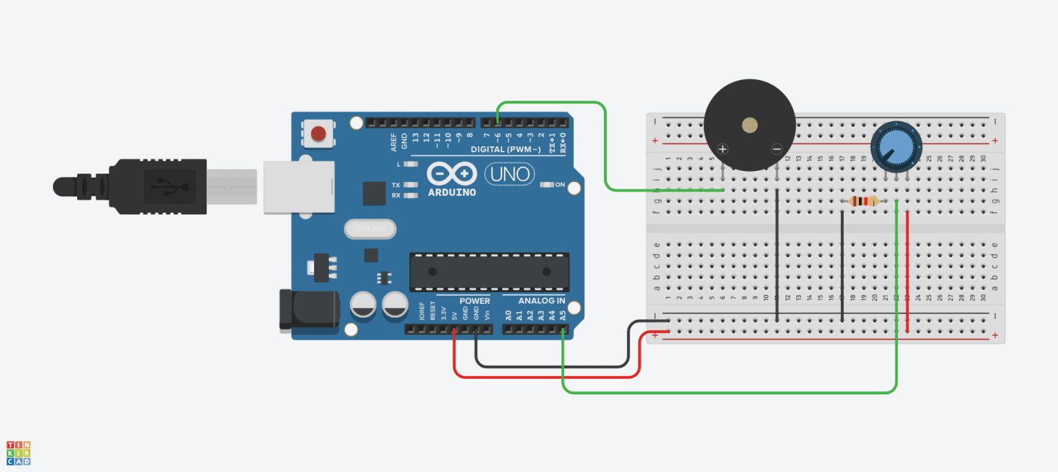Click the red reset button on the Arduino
pyautogui.click(x=318, y=133)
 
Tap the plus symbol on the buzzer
pyautogui.click(x=723, y=149)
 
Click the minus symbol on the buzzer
pyautogui.click(x=776, y=149)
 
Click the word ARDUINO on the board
pyautogui.click(x=452, y=192)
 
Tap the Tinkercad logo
pyautogui.click(x=18, y=453)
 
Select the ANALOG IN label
pyautogui.click(x=541, y=301)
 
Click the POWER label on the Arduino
pyautogui.click(x=475, y=301)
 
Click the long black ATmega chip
pyautogui.click(x=490, y=271)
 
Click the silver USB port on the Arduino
pyautogui.click(x=298, y=187)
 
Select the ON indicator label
pyautogui.click(x=560, y=185)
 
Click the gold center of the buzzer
pyautogui.click(x=749, y=125)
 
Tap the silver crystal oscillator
pyautogui.click(x=371, y=229)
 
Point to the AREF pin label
pyautogui.click(x=393, y=141)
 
